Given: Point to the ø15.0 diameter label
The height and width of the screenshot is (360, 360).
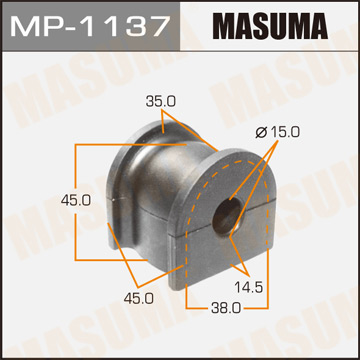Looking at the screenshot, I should pos(262,132).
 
